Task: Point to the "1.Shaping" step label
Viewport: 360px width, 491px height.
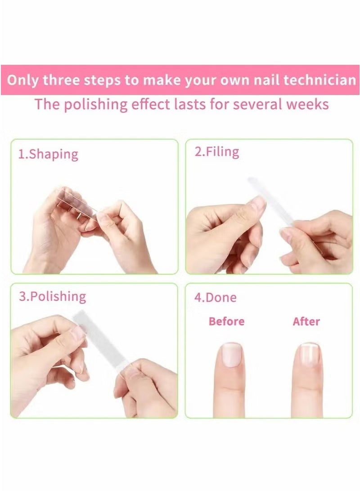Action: click(x=48, y=155)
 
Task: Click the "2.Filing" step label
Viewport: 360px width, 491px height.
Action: click(x=216, y=152)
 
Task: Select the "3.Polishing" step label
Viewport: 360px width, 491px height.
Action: click(x=52, y=297)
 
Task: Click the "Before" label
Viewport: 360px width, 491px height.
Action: click(x=227, y=321)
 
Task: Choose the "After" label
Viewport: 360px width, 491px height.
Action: click(x=306, y=321)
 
